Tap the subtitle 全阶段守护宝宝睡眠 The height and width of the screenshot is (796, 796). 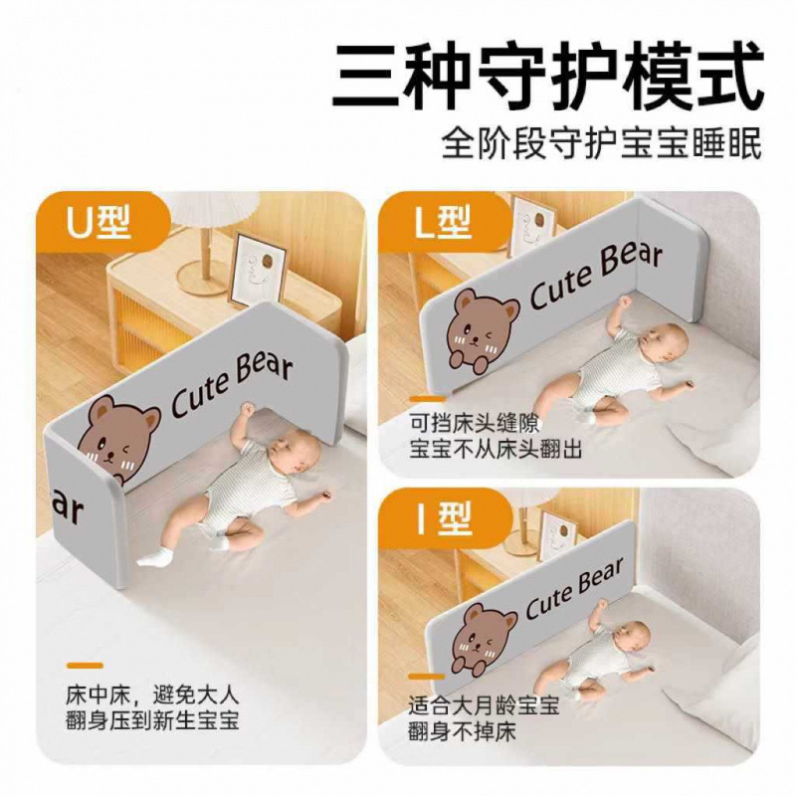(x=602, y=142)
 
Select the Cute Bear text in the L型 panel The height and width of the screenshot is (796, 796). (x=594, y=274)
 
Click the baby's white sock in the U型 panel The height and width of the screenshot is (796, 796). (x=155, y=554)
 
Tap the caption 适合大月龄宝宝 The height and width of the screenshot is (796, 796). (x=484, y=707)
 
